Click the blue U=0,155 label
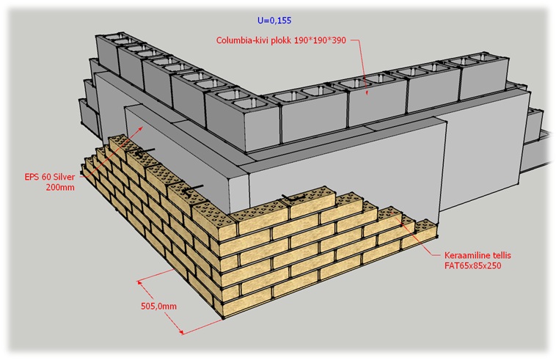[x=274, y=21]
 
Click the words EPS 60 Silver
[x=50, y=177]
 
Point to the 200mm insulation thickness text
[x=60, y=187]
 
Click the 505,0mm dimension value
[x=159, y=306]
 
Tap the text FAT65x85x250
[x=472, y=265]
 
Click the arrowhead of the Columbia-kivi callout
[x=367, y=93]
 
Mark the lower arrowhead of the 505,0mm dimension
[x=181, y=332]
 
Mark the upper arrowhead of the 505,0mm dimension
[x=139, y=282]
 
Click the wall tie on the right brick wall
[x=293, y=198]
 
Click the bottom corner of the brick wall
[x=223, y=317]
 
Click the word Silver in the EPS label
[x=63, y=177]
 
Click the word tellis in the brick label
[x=500, y=255]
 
